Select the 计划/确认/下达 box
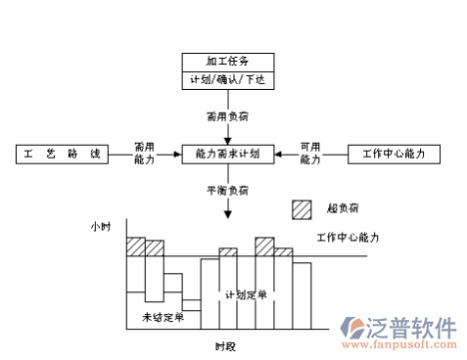point(227,79)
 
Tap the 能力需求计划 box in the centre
point(227,154)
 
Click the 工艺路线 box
point(60,154)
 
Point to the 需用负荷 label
point(228,116)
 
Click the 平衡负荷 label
point(228,189)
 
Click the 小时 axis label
point(101,227)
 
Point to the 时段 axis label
point(226,345)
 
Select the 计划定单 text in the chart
point(246,294)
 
